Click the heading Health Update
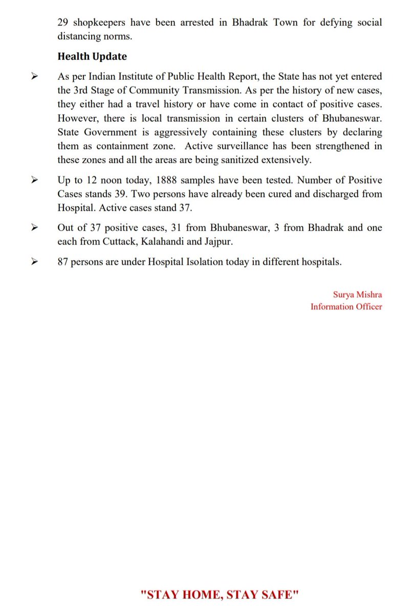pyautogui.click(x=92, y=56)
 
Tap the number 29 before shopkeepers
pyautogui.click(x=63, y=23)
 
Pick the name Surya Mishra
pyautogui.click(x=357, y=295)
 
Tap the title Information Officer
pyautogui.click(x=346, y=306)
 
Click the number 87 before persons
pyautogui.click(x=63, y=261)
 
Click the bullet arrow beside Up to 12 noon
pyautogui.click(x=35, y=181)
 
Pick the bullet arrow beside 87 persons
pyautogui.click(x=35, y=261)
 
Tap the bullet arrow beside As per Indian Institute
pyautogui.click(x=35, y=77)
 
